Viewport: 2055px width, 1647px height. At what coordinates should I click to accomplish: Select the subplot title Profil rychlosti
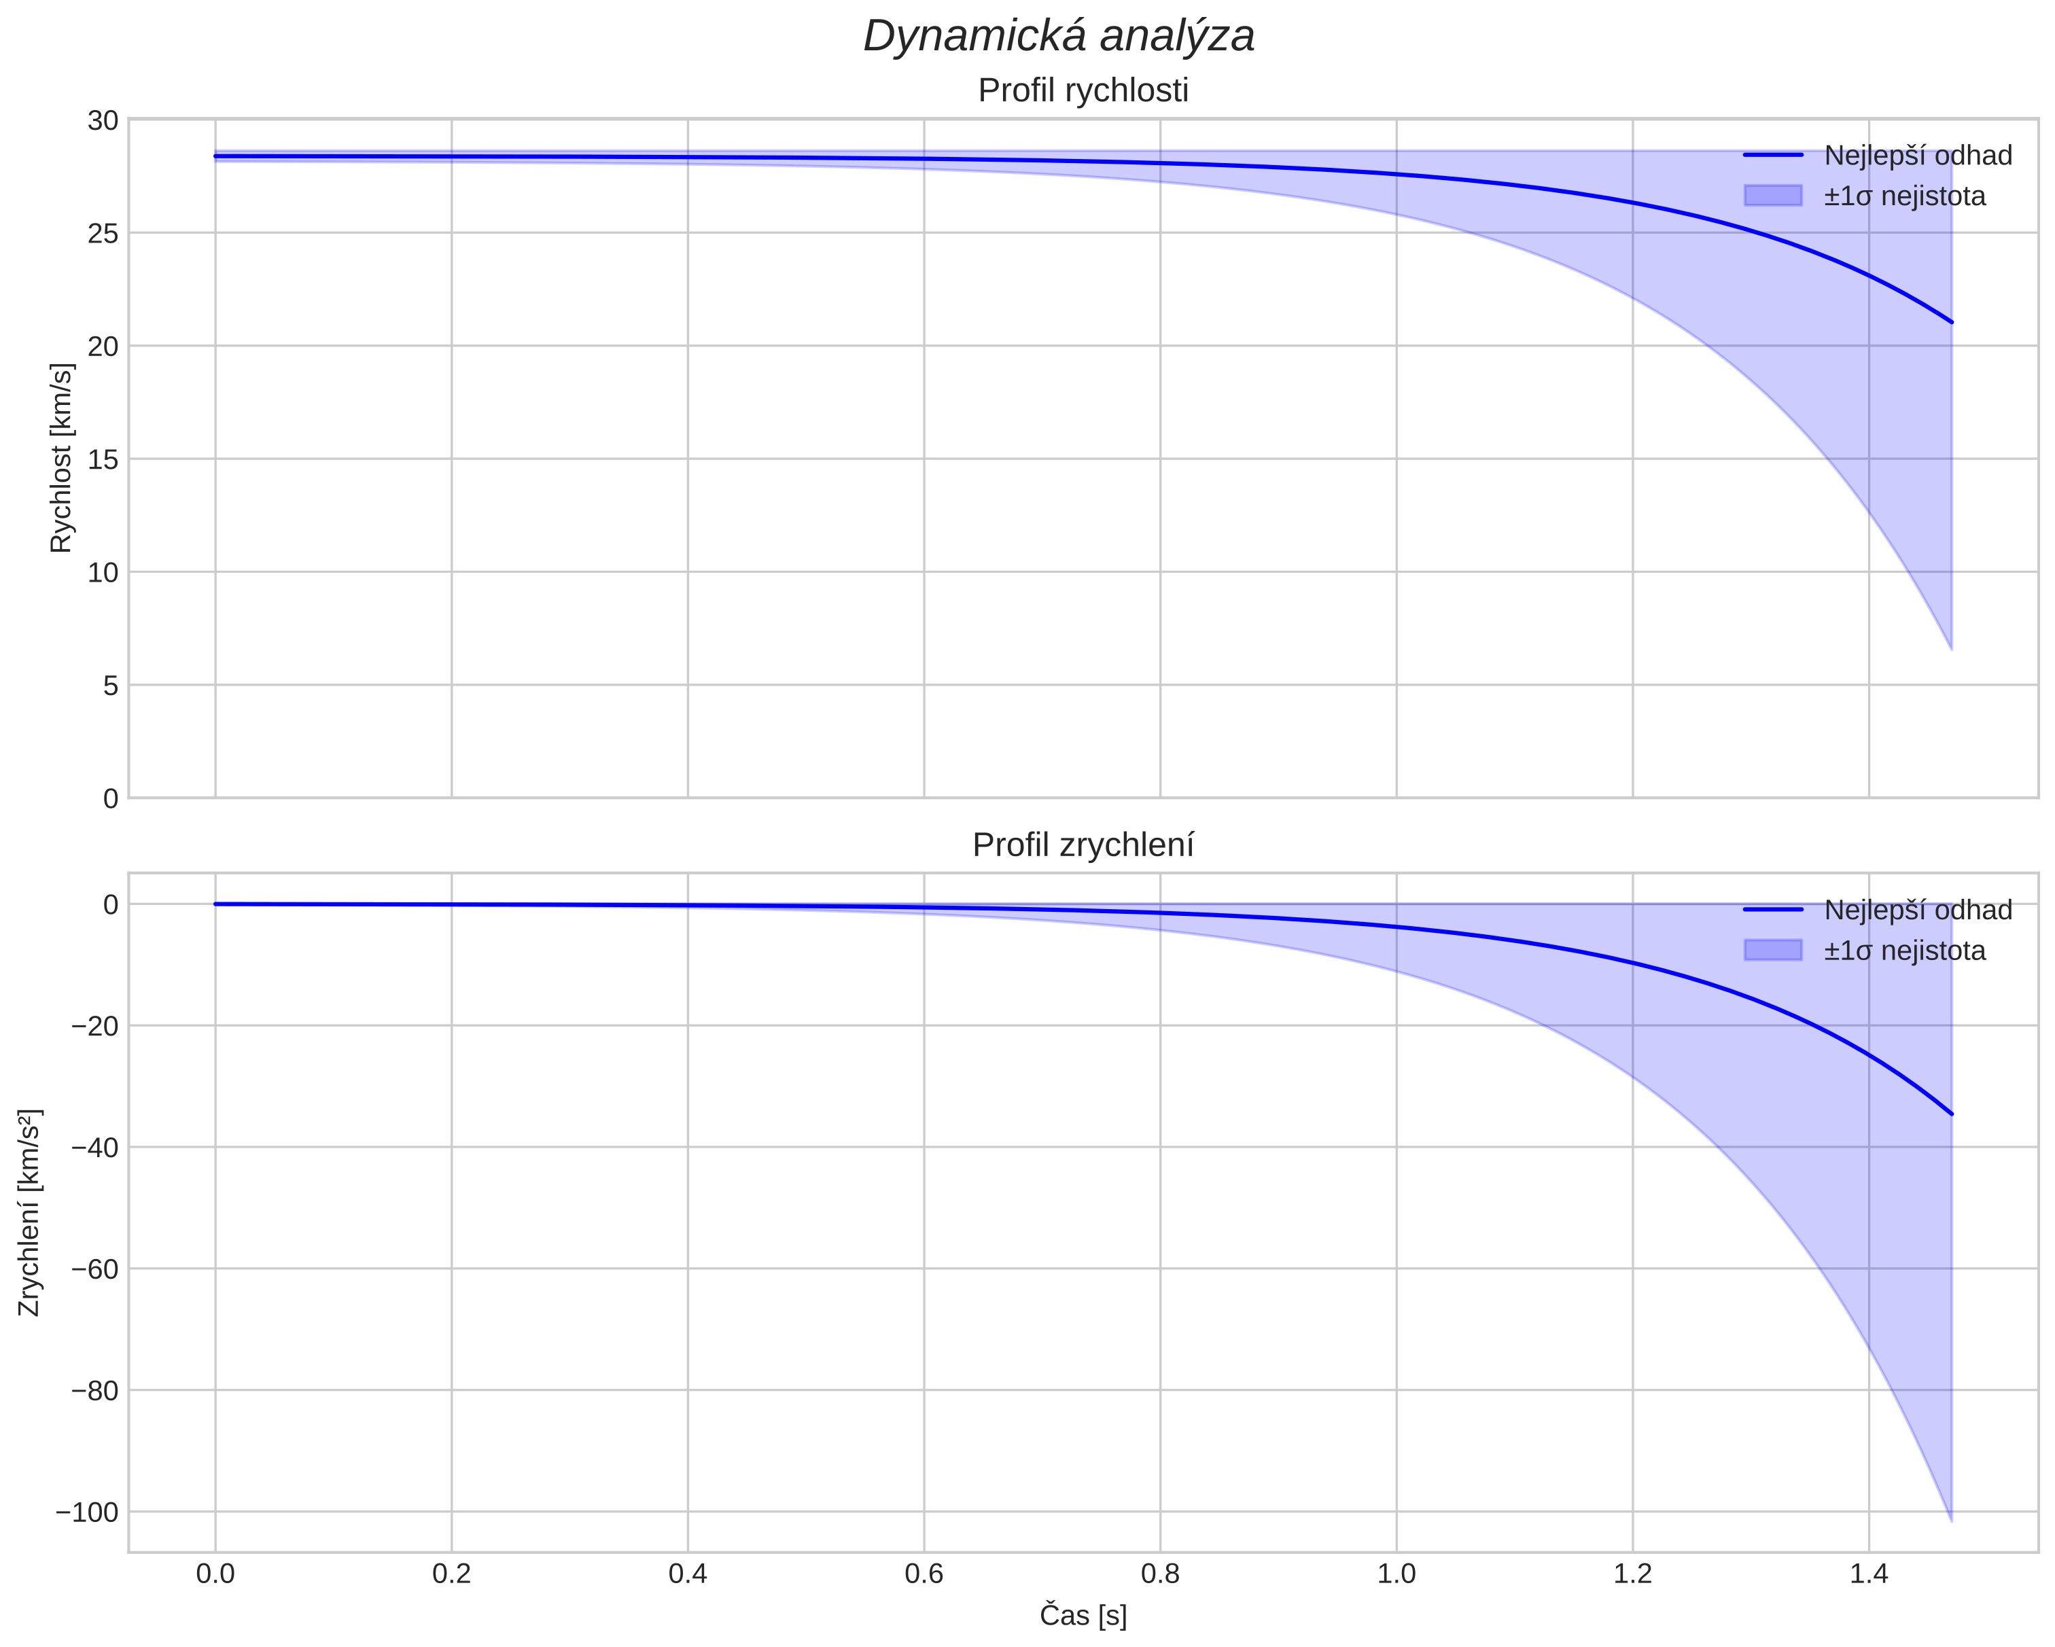[x=1083, y=90]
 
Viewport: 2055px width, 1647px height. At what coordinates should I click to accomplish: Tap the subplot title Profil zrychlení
[x=1083, y=845]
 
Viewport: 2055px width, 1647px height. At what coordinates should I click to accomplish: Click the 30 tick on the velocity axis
[x=103, y=120]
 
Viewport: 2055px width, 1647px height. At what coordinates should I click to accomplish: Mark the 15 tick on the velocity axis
[x=103, y=459]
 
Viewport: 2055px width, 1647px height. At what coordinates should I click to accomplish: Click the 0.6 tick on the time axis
[x=924, y=1574]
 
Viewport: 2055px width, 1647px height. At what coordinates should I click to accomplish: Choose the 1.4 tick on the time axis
[x=1868, y=1574]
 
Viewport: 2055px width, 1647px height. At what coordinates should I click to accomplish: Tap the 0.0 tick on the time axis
[x=215, y=1574]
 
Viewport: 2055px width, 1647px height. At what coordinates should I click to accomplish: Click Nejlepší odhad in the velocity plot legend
[x=1918, y=156]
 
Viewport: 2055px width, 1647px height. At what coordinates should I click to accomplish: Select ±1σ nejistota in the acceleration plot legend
[x=1904, y=951]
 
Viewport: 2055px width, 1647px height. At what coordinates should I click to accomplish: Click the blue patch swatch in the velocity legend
[x=1773, y=196]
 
